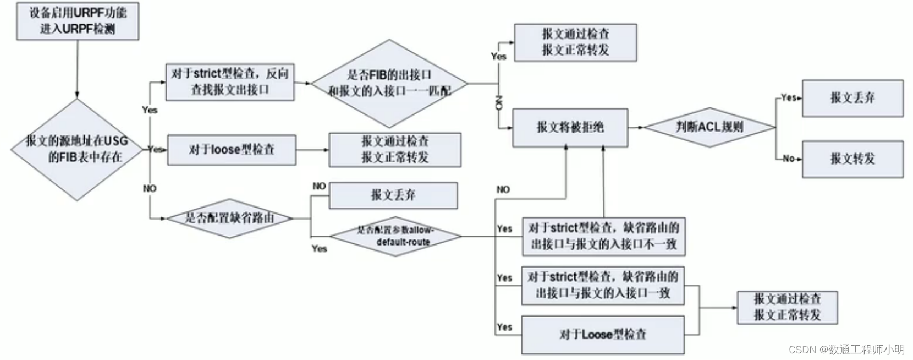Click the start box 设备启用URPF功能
[x=77, y=21]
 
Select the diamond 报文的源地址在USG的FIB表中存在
[x=77, y=149]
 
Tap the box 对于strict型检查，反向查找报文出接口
[x=230, y=81]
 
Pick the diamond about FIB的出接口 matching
[x=389, y=83]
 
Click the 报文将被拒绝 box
[x=570, y=127]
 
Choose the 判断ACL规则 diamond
[x=710, y=127]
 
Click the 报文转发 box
[x=852, y=159]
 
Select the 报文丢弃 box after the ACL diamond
[x=852, y=98]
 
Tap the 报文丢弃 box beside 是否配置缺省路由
[x=393, y=195]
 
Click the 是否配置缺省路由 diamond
[x=230, y=218]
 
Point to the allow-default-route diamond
[x=395, y=236]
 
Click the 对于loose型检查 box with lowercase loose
[x=232, y=149]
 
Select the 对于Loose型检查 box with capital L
[x=603, y=334]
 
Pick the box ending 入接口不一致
[x=603, y=236]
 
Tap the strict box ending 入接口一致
[x=603, y=285]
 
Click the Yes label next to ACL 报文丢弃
[x=788, y=97]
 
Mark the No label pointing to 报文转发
[x=788, y=159]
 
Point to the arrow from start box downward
[x=77, y=69]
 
